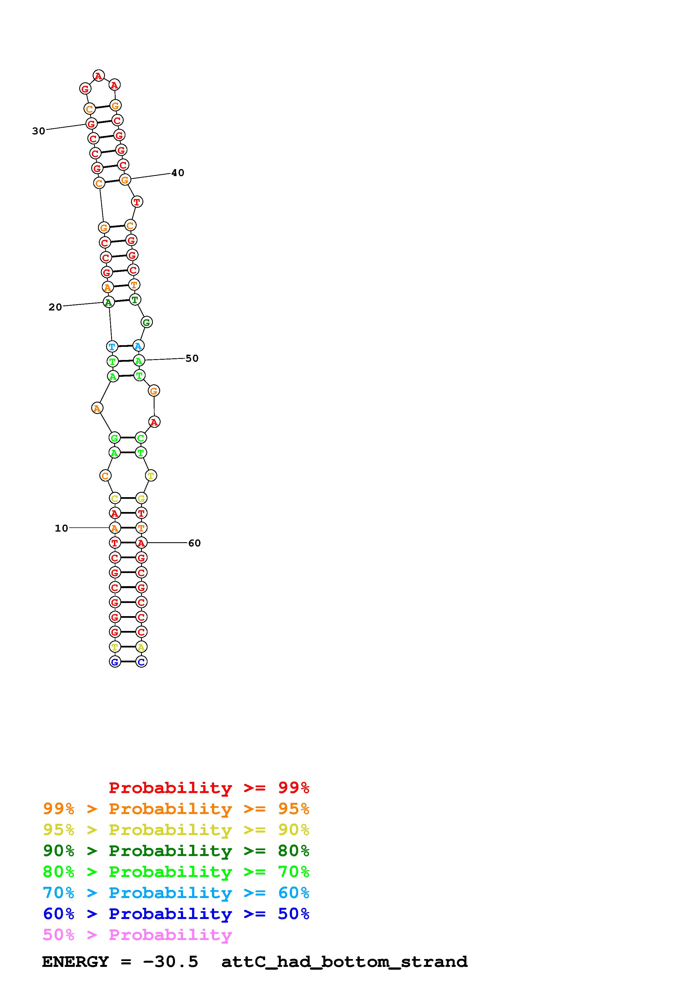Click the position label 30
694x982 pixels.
38,131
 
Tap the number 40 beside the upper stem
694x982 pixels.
178,173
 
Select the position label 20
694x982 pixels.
55,307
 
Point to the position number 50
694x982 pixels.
192,358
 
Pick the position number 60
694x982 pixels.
195,543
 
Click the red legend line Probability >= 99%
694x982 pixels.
209,788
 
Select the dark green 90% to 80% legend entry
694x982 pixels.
176,851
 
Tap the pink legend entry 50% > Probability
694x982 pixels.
137,935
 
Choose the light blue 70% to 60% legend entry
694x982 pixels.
176,893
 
